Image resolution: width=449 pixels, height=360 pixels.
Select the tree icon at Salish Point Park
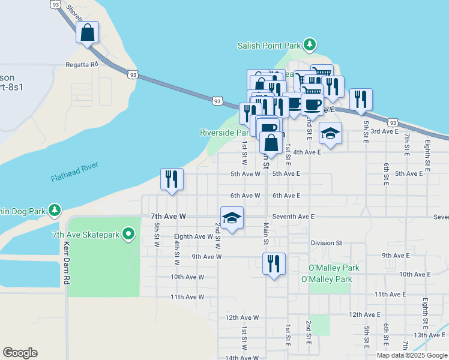point(310,44)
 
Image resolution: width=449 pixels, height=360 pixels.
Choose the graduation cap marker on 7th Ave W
point(232,218)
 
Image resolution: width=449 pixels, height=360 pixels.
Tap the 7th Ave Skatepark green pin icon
point(128,233)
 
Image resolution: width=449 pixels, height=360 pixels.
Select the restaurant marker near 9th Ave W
point(274,263)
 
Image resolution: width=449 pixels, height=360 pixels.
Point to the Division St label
point(326,243)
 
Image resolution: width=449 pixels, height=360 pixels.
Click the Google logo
point(20,353)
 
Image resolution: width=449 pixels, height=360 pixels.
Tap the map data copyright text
point(412,355)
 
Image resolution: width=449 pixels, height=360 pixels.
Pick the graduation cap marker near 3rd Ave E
point(330,133)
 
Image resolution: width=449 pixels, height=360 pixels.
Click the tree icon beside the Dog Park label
point(55,210)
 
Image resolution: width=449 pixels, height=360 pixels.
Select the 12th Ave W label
point(241,317)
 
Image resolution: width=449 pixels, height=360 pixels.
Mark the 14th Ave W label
point(241,358)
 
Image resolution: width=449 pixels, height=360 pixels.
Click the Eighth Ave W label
point(193,236)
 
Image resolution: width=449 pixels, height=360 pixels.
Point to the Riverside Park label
point(224,133)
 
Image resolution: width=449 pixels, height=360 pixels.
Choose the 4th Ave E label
point(307,152)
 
